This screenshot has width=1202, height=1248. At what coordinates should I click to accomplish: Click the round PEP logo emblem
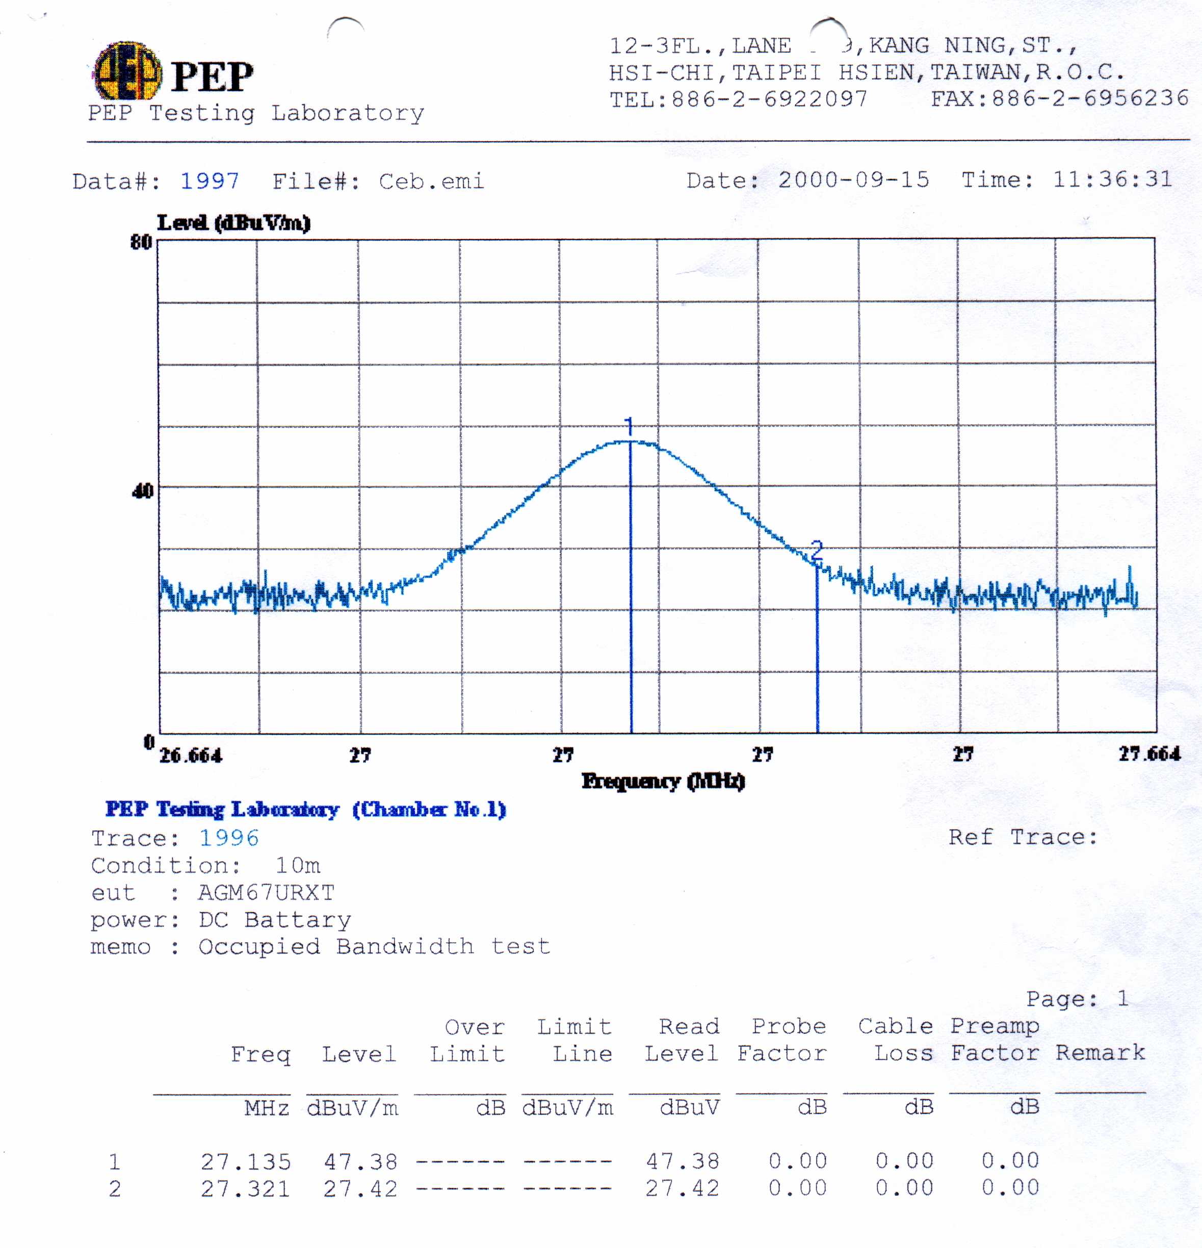pos(127,71)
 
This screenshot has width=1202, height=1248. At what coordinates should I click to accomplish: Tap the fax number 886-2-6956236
pos(1090,98)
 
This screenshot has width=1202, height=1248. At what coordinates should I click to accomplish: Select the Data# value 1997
pos(210,181)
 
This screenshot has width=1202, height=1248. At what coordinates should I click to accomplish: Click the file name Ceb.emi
pos(431,181)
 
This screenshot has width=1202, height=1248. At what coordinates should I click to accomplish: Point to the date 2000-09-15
pos(853,180)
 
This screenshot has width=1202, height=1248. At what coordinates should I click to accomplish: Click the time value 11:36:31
pos(1112,179)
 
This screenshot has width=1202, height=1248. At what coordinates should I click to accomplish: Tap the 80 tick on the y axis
pos(141,242)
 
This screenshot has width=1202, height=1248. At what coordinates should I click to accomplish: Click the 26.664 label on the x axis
pos(190,756)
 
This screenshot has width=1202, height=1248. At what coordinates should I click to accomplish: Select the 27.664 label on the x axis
pos(1149,755)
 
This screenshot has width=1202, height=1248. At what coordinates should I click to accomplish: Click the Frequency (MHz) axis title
pos(663,781)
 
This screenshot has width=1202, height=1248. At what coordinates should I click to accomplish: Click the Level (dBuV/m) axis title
pos(233,223)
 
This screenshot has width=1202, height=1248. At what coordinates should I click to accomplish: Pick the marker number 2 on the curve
pos(816,549)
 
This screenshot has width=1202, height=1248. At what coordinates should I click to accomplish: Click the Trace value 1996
pos(229,838)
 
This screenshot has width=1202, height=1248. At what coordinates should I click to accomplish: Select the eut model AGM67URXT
pos(266,893)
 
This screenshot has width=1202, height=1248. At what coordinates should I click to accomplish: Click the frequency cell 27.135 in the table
pos(246,1162)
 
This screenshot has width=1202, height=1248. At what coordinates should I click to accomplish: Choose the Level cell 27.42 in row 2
pos(360,1189)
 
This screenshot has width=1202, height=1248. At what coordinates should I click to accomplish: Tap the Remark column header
pos(1100,1053)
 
